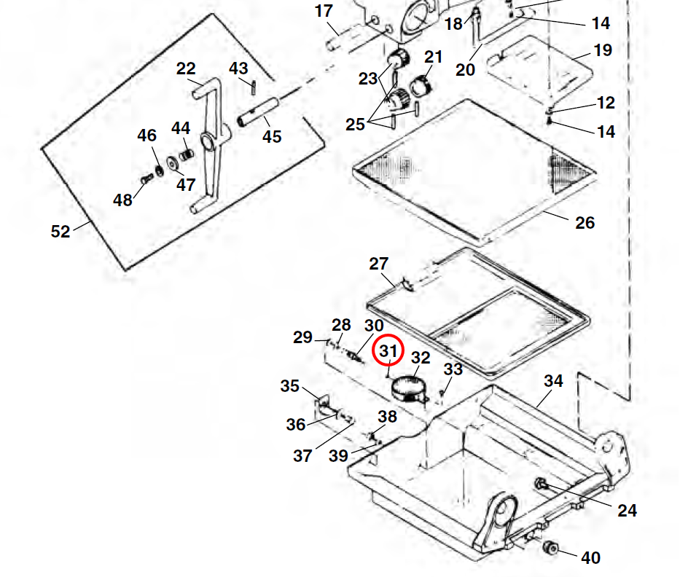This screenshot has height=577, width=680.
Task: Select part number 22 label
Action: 186,68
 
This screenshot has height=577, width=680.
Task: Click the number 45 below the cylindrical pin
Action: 272,136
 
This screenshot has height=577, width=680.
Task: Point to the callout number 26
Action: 585,223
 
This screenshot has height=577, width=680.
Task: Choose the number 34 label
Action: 554,381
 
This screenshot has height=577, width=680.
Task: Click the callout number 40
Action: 591,558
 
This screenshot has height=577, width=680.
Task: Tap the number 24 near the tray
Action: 627,511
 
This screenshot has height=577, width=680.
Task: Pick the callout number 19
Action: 603,50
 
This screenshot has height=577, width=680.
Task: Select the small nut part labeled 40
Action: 551,548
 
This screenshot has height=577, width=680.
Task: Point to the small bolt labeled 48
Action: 144,179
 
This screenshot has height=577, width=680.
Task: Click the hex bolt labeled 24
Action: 542,484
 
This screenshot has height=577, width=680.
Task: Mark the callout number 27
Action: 379,264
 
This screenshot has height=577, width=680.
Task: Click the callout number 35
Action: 290,385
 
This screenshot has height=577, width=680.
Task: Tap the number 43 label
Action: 238,68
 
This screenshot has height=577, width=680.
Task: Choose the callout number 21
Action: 434,57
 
